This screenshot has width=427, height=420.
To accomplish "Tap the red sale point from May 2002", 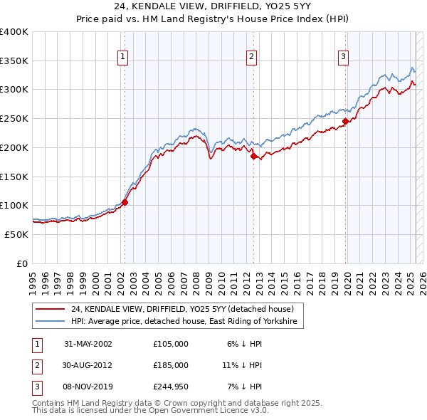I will [x=125, y=202].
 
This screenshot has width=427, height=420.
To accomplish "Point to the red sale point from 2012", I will [x=253, y=156].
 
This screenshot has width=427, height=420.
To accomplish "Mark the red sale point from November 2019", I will [x=345, y=121].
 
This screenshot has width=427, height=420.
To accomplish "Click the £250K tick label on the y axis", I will [x=14, y=118].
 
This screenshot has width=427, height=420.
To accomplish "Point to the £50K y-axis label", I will [x=16, y=234].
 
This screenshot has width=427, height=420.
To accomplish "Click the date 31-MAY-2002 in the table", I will [x=88, y=344].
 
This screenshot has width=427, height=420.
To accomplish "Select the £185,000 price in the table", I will [x=170, y=365].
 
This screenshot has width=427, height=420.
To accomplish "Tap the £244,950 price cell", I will [x=170, y=387].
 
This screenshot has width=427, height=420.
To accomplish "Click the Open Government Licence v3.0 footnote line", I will [x=150, y=411].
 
